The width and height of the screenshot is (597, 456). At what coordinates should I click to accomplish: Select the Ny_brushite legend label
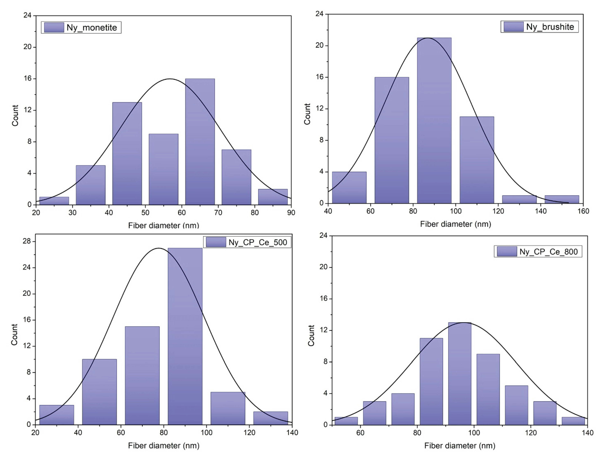[550, 27]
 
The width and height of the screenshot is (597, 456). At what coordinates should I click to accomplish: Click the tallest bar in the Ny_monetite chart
[200, 141]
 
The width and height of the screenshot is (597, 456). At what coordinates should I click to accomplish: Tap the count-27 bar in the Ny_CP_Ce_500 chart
[185, 337]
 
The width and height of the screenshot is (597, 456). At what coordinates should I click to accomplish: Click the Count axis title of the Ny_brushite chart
[307, 114]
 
